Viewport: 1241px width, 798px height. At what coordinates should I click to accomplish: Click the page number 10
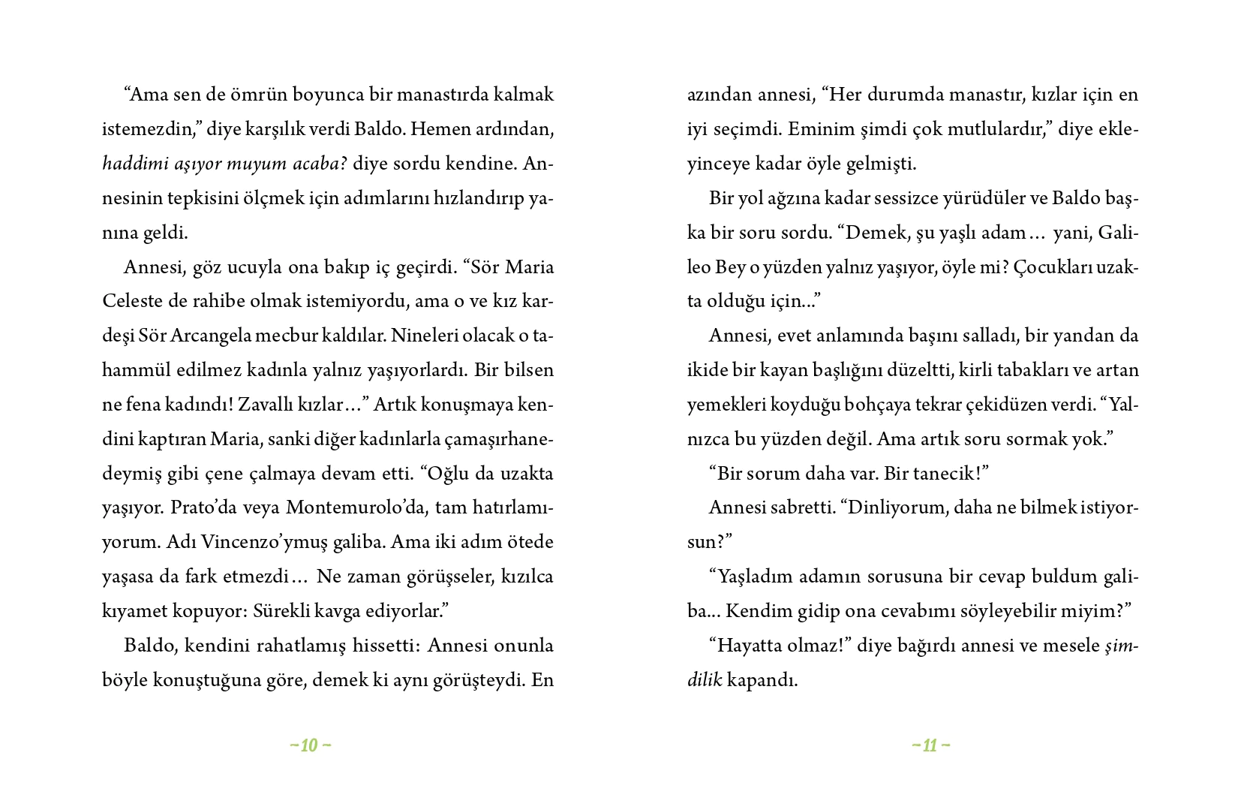pyautogui.click(x=310, y=745)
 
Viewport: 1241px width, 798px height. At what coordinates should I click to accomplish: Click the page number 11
pyautogui.click(x=930, y=745)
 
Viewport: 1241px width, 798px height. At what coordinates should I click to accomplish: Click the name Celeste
pyautogui.click(x=131, y=301)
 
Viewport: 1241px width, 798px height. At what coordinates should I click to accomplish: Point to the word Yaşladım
pyautogui.click(x=756, y=577)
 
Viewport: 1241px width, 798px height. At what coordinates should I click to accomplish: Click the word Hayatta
pyautogui.click(x=754, y=646)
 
